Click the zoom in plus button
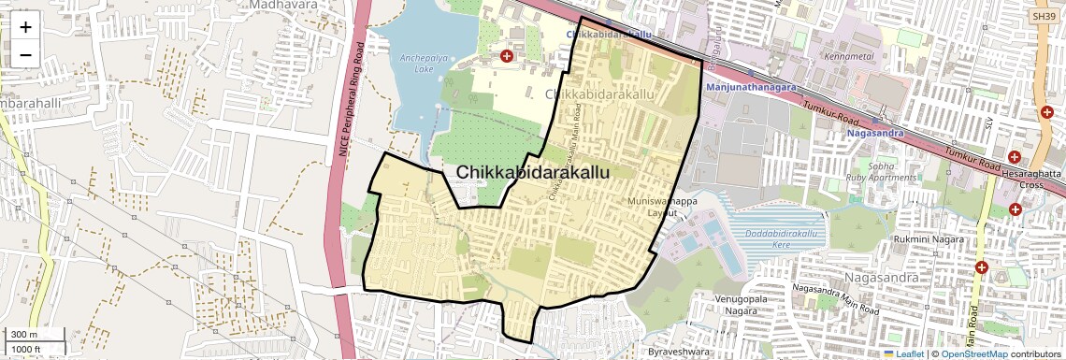pos(25,26)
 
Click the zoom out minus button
pos(25,54)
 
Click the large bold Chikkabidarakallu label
pos(533,173)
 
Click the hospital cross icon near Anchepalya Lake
pos(507,57)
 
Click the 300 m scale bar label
pos(26,335)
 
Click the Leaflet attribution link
pos(910,353)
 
